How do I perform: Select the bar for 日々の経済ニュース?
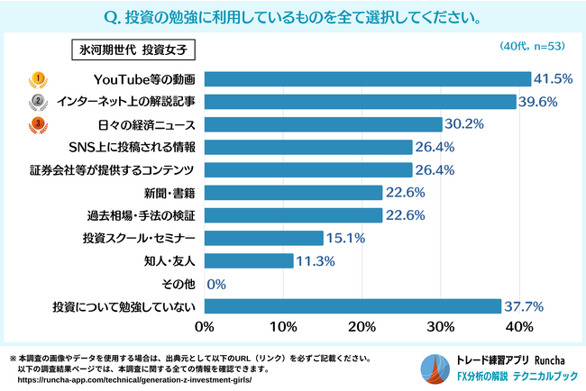[324, 123]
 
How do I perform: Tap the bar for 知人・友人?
[249, 261]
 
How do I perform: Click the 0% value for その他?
[216, 285]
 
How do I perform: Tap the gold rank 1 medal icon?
[39, 78]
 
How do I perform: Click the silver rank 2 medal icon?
[39, 101]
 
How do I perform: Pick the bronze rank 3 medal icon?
[39, 123]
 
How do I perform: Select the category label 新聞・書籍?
[171, 193]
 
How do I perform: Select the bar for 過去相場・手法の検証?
[294, 215]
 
